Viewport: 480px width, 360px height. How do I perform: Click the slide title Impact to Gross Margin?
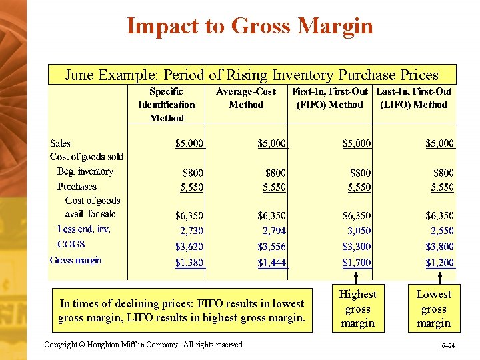[x=250, y=26]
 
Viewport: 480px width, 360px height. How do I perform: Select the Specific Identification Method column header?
[x=167, y=105]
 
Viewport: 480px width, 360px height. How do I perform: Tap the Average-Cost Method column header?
[x=246, y=98]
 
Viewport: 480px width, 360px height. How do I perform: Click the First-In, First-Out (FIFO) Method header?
[x=331, y=98]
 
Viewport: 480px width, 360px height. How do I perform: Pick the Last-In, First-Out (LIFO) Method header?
[x=414, y=98]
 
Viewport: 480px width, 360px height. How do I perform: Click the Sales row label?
[x=60, y=143]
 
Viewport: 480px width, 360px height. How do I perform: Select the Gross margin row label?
[x=75, y=260]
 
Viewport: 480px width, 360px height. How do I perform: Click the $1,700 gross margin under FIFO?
[x=357, y=263]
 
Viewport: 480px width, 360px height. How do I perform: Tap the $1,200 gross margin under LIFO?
[x=439, y=263]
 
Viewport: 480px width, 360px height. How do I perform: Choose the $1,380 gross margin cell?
[x=189, y=263]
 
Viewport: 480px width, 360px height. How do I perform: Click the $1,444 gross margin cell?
[x=272, y=263]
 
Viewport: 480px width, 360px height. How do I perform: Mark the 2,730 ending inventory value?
[x=191, y=231]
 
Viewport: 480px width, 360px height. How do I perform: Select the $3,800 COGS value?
[x=439, y=246]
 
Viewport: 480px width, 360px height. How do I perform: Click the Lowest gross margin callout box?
[x=433, y=309]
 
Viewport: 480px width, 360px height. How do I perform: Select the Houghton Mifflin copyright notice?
[x=144, y=345]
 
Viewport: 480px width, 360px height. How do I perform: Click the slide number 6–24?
[x=447, y=347]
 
